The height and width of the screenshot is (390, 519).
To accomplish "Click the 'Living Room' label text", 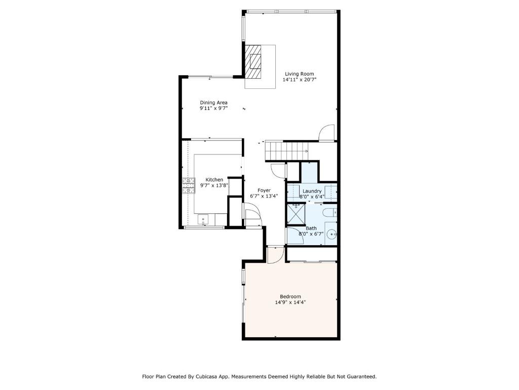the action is coord(299,74).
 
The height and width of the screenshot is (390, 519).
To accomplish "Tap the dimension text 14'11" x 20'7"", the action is coord(299,80).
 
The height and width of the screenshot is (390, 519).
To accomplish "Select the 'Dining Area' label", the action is coord(213,103).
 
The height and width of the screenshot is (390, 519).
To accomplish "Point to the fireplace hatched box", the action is coord(253,61).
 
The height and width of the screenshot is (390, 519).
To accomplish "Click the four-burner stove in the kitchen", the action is coord(189,185).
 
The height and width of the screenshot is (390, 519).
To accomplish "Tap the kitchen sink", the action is coord(203,219).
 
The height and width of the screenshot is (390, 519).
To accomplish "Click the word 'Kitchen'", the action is coord(214,180).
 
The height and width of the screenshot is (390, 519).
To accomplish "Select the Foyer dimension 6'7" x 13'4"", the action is coord(264,196).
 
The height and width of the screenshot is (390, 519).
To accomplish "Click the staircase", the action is coord(286,150).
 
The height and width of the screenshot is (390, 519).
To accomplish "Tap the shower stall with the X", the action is coord(295,215).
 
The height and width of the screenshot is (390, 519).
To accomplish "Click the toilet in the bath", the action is coord(330,213).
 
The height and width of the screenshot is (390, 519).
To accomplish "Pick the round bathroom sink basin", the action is coord(332,235).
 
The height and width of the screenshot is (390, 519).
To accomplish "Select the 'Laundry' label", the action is coord(312,191).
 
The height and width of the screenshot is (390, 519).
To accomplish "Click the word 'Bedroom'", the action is coord(290,297).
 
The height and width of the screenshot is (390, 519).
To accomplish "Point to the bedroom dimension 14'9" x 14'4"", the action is coord(290,303).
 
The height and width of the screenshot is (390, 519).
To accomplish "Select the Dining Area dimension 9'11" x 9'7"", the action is coord(213,108).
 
